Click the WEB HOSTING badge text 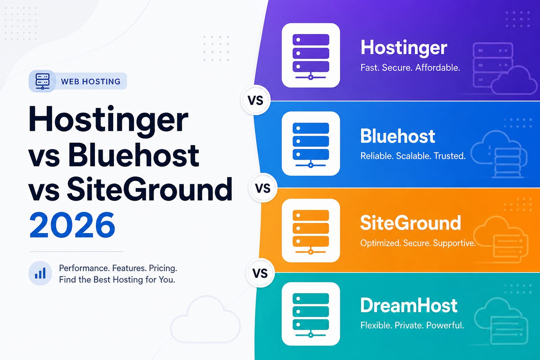91,82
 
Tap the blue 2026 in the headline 72,225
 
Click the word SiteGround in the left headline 149,189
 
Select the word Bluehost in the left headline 134,155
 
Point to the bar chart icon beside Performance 40,274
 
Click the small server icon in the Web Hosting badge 43,81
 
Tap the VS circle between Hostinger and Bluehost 256,100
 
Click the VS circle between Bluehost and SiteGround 263,188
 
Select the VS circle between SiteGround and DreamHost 260,273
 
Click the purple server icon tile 311,55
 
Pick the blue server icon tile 311,143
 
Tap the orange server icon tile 311,231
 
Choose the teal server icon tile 311,314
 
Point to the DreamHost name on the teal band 409,305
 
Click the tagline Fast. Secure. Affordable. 410,67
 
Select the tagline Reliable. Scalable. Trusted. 413,156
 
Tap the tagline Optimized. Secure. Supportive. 418,243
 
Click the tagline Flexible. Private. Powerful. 412,325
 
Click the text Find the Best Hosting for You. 117,280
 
